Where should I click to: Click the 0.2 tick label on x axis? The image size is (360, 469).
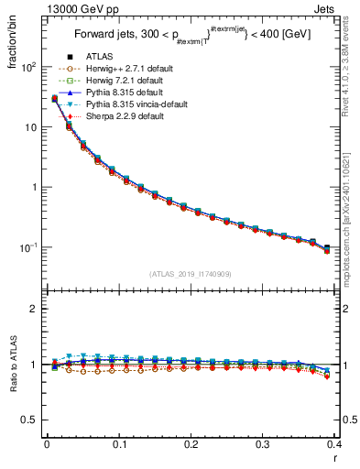click(x=191, y=444)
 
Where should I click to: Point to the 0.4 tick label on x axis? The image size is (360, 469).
click(x=334, y=444)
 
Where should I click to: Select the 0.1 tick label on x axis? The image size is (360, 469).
click(x=119, y=444)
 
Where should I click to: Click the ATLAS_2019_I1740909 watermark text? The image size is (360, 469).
click(x=191, y=273)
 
